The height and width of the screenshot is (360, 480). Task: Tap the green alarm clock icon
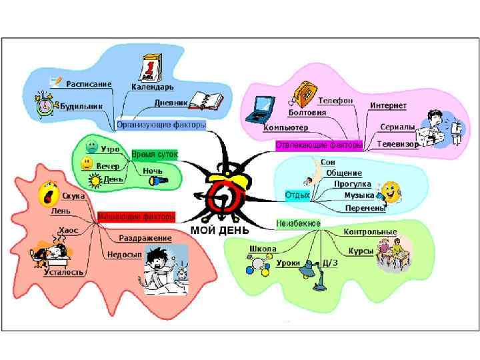[45, 105]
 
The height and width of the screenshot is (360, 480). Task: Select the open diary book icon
[205, 101]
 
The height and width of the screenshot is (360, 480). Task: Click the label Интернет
[389, 105]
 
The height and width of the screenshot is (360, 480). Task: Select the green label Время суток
[155, 154]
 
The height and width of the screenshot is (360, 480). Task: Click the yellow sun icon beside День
[95, 180]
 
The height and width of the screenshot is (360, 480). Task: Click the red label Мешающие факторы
[136, 217]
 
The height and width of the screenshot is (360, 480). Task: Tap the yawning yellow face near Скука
[47, 193]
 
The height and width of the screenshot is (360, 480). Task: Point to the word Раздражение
[145, 238]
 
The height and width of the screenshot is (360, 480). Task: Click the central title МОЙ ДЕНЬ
[221, 230]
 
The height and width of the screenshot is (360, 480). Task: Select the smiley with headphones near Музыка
[389, 192]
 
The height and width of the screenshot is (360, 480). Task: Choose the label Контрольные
[370, 232]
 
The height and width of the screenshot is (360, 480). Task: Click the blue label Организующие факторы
[161, 125]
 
